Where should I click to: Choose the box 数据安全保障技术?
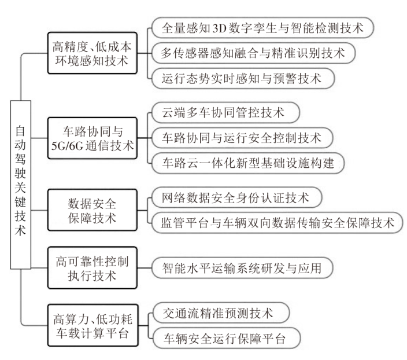coord(92,209)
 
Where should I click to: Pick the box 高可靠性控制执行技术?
coord(92,267)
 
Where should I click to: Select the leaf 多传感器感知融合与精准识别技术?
coord(250,53)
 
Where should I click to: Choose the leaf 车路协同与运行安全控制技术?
coord(242,138)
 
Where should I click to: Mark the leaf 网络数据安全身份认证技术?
coord(237,197)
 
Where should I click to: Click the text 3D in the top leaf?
coord(224,28)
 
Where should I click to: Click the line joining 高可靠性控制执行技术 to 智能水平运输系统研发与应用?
coord(143,267)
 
